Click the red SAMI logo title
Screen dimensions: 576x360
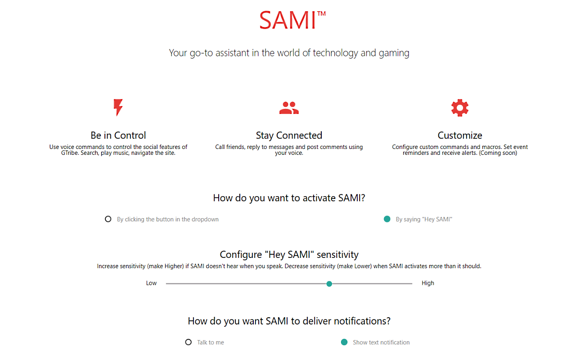pos(288,20)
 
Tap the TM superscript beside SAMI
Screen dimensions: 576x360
pos(321,13)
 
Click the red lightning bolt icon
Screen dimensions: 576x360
pos(118,107)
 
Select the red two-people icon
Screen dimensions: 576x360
pos(289,108)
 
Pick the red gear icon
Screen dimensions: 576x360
pos(460,108)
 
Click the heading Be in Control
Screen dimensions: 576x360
pos(118,135)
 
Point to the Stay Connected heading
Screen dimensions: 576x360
pos(289,135)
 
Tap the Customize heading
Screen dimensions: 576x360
pos(460,135)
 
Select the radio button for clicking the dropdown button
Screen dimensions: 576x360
pos(108,219)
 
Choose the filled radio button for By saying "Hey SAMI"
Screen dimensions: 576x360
pos(387,219)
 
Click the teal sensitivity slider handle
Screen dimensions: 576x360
pos(329,284)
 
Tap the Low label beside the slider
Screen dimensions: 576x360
pos(151,283)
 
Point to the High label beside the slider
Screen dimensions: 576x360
pos(428,283)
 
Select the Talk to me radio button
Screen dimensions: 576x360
pos(189,342)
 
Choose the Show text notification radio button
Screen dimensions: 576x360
pos(344,342)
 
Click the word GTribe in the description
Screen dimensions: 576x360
pos(69,153)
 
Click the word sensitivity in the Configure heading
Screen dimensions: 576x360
pos(337,255)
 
